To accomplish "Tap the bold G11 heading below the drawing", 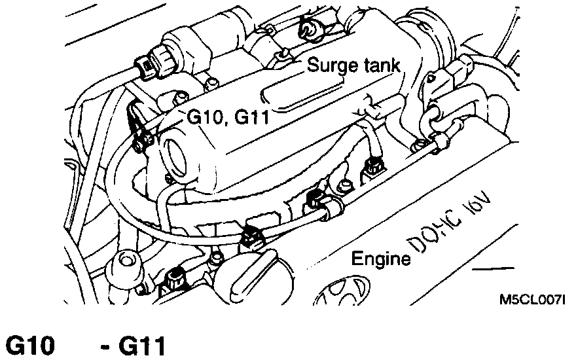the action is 141,346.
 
